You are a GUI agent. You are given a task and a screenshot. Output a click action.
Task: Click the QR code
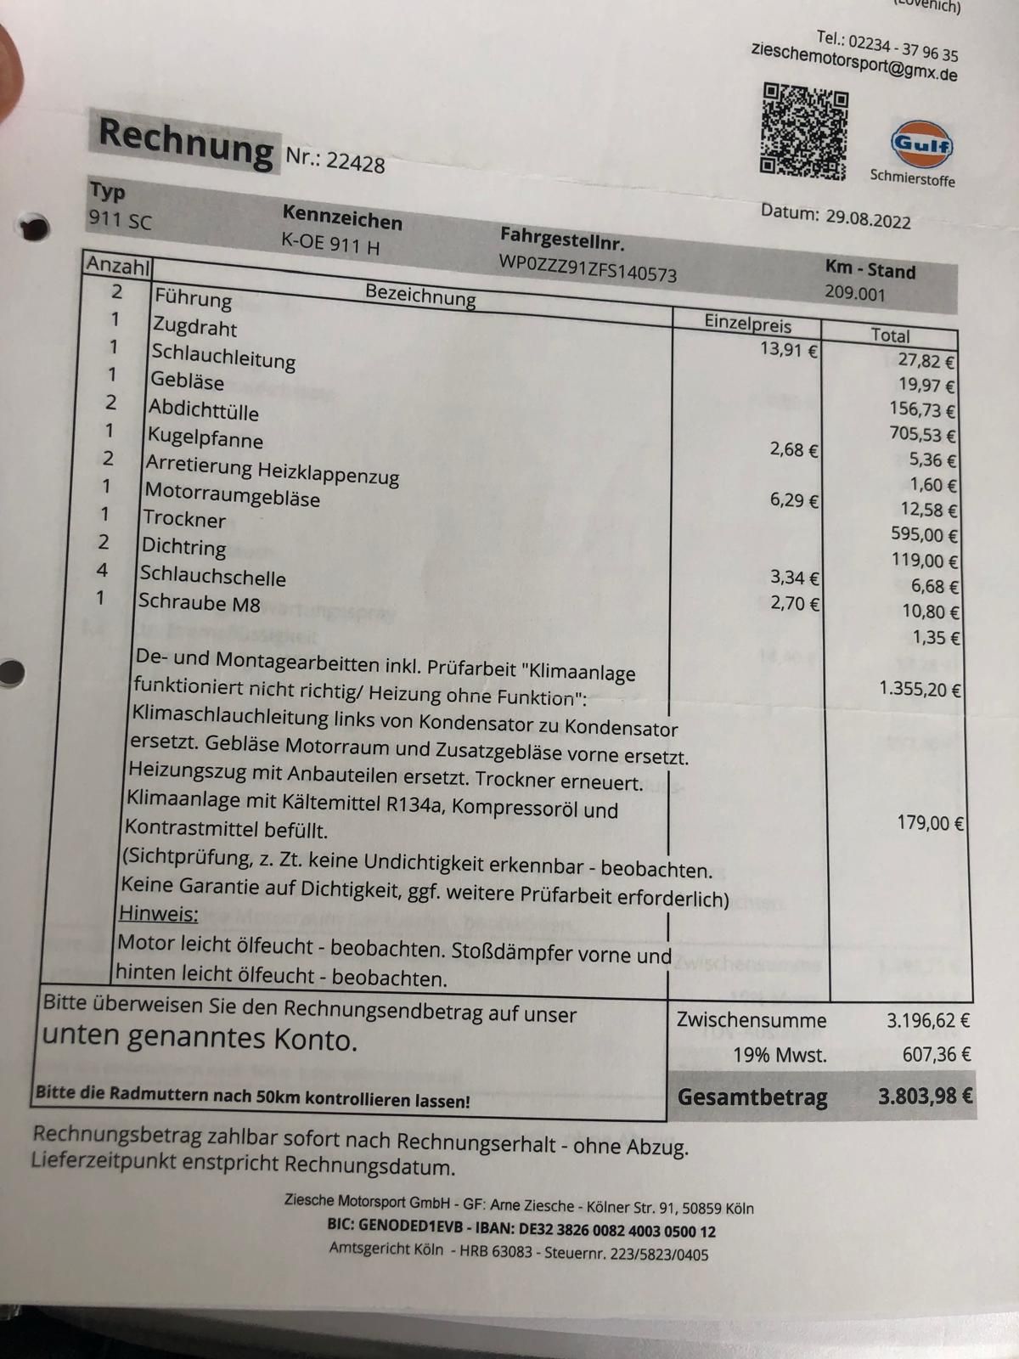point(803,131)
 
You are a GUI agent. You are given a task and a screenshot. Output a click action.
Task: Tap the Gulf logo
point(921,145)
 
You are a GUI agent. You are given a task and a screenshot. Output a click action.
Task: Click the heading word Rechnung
point(186,142)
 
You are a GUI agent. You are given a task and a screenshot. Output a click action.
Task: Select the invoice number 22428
point(355,161)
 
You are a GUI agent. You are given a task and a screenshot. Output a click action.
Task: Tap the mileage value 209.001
point(854,294)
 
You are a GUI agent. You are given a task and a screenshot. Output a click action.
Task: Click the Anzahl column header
point(117,266)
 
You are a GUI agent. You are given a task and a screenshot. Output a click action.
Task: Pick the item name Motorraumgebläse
point(232,494)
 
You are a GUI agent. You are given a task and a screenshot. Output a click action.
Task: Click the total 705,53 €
point(921,435)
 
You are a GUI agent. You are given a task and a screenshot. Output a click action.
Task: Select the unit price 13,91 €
point(788,349)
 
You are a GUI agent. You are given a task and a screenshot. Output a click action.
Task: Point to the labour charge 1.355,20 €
point(920,689)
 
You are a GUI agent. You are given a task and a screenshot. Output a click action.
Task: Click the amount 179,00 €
point(930,822)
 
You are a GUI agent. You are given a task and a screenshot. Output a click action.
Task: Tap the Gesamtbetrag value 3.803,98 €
point(925,1097)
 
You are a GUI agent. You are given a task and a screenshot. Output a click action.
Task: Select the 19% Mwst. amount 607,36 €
point(936,1055)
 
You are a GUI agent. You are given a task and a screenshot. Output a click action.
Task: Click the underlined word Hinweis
point(158,914)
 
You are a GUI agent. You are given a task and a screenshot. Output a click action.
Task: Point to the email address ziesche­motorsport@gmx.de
point(853,62)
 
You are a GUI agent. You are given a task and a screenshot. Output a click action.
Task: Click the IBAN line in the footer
point(521,1230)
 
